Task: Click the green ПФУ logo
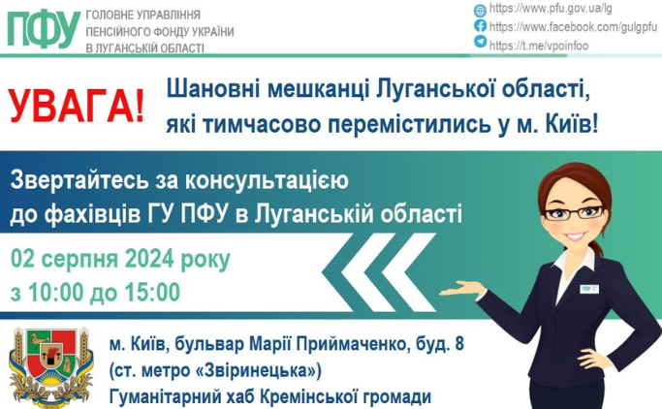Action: coord(44,29)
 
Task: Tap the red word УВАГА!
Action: coord(77,106)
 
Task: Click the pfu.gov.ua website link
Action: coord(551,9)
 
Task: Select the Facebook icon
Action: coord(480,26)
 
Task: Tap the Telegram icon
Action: coord(480,42)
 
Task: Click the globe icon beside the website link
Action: coord(480,10)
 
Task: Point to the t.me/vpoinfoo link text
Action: coord(539,46)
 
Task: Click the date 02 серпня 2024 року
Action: coord(120,260)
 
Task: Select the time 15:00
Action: coord(152,292)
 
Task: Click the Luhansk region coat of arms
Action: coord(51,366)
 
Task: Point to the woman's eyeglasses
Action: coord(574,213)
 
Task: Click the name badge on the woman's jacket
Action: coord(590,289)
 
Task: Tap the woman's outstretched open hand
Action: coord(463,290)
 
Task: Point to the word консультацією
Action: coord(266,181)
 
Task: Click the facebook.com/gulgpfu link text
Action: coord(573,27)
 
